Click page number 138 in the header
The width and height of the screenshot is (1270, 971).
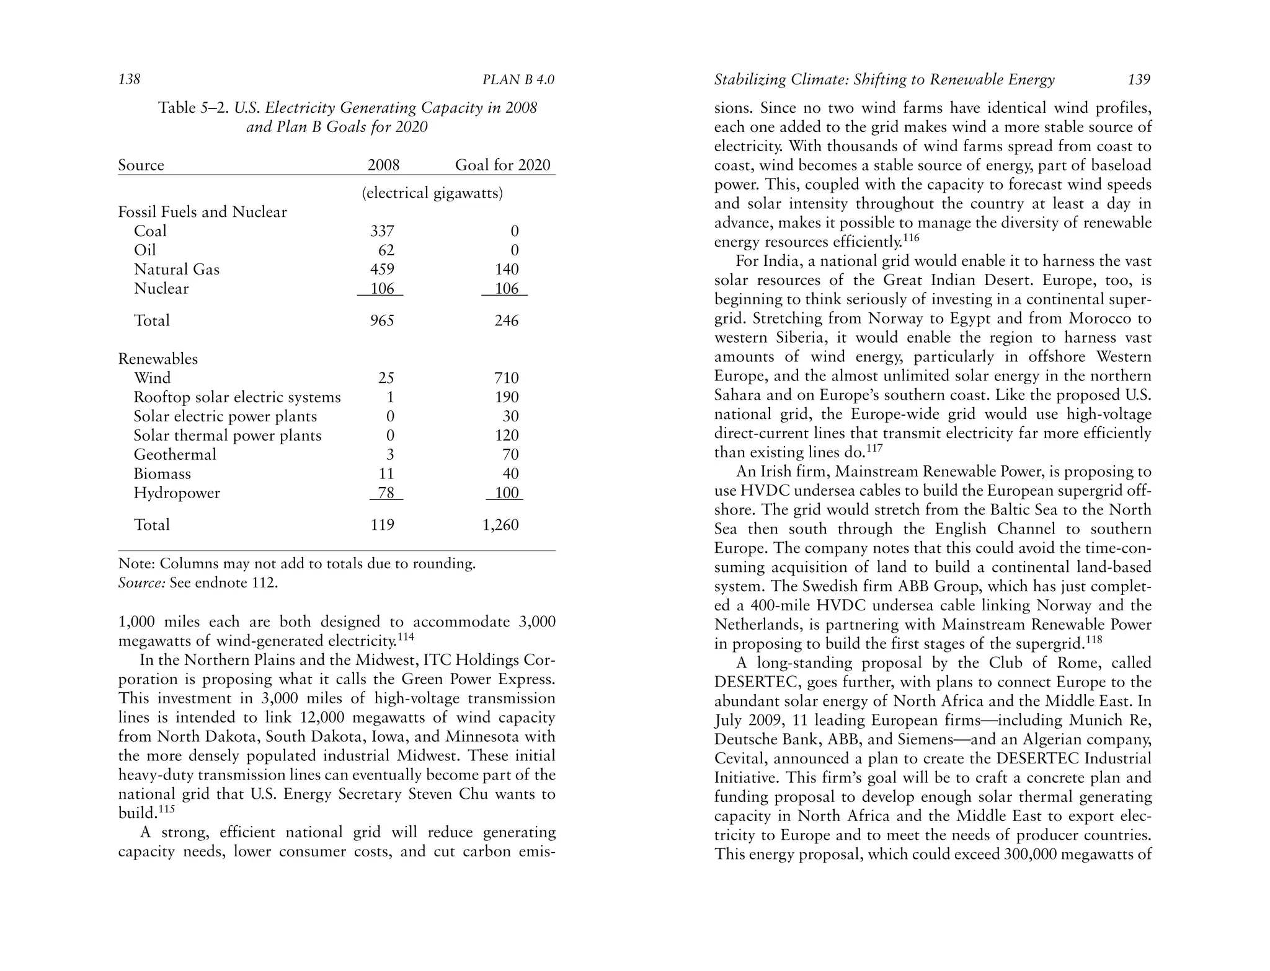click(x=129, y=79)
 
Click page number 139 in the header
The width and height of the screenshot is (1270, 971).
click(x=1139, y=79)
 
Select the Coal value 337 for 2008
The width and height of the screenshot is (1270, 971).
click(x=382, y=231)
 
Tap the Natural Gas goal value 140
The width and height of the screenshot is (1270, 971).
click(x=507, y=270)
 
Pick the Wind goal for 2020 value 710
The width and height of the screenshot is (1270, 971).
click(x=507, y=378)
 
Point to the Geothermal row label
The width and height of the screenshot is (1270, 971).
click(x=175, y=455)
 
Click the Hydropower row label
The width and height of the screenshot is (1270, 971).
click(x=177, y=493)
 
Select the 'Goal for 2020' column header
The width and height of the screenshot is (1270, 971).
click(x=502, y=165)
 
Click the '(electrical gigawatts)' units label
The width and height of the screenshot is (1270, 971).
click(x=432, y=193)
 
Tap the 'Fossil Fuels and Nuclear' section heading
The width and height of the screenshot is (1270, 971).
click(x=202, y=212)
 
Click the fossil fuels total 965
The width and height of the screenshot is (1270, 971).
click(x=382, y=320)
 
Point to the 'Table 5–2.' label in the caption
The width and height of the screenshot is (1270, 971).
click(x=193, y=108)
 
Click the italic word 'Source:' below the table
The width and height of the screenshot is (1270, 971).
click(x=141, y=583)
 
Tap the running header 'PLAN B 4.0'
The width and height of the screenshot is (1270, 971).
click(x=518, y=80)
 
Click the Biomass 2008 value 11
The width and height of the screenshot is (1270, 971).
click(x=386, y=474)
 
